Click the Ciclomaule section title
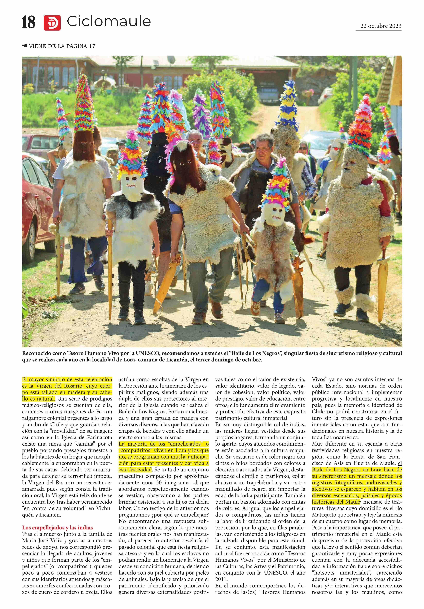click(109, 21)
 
